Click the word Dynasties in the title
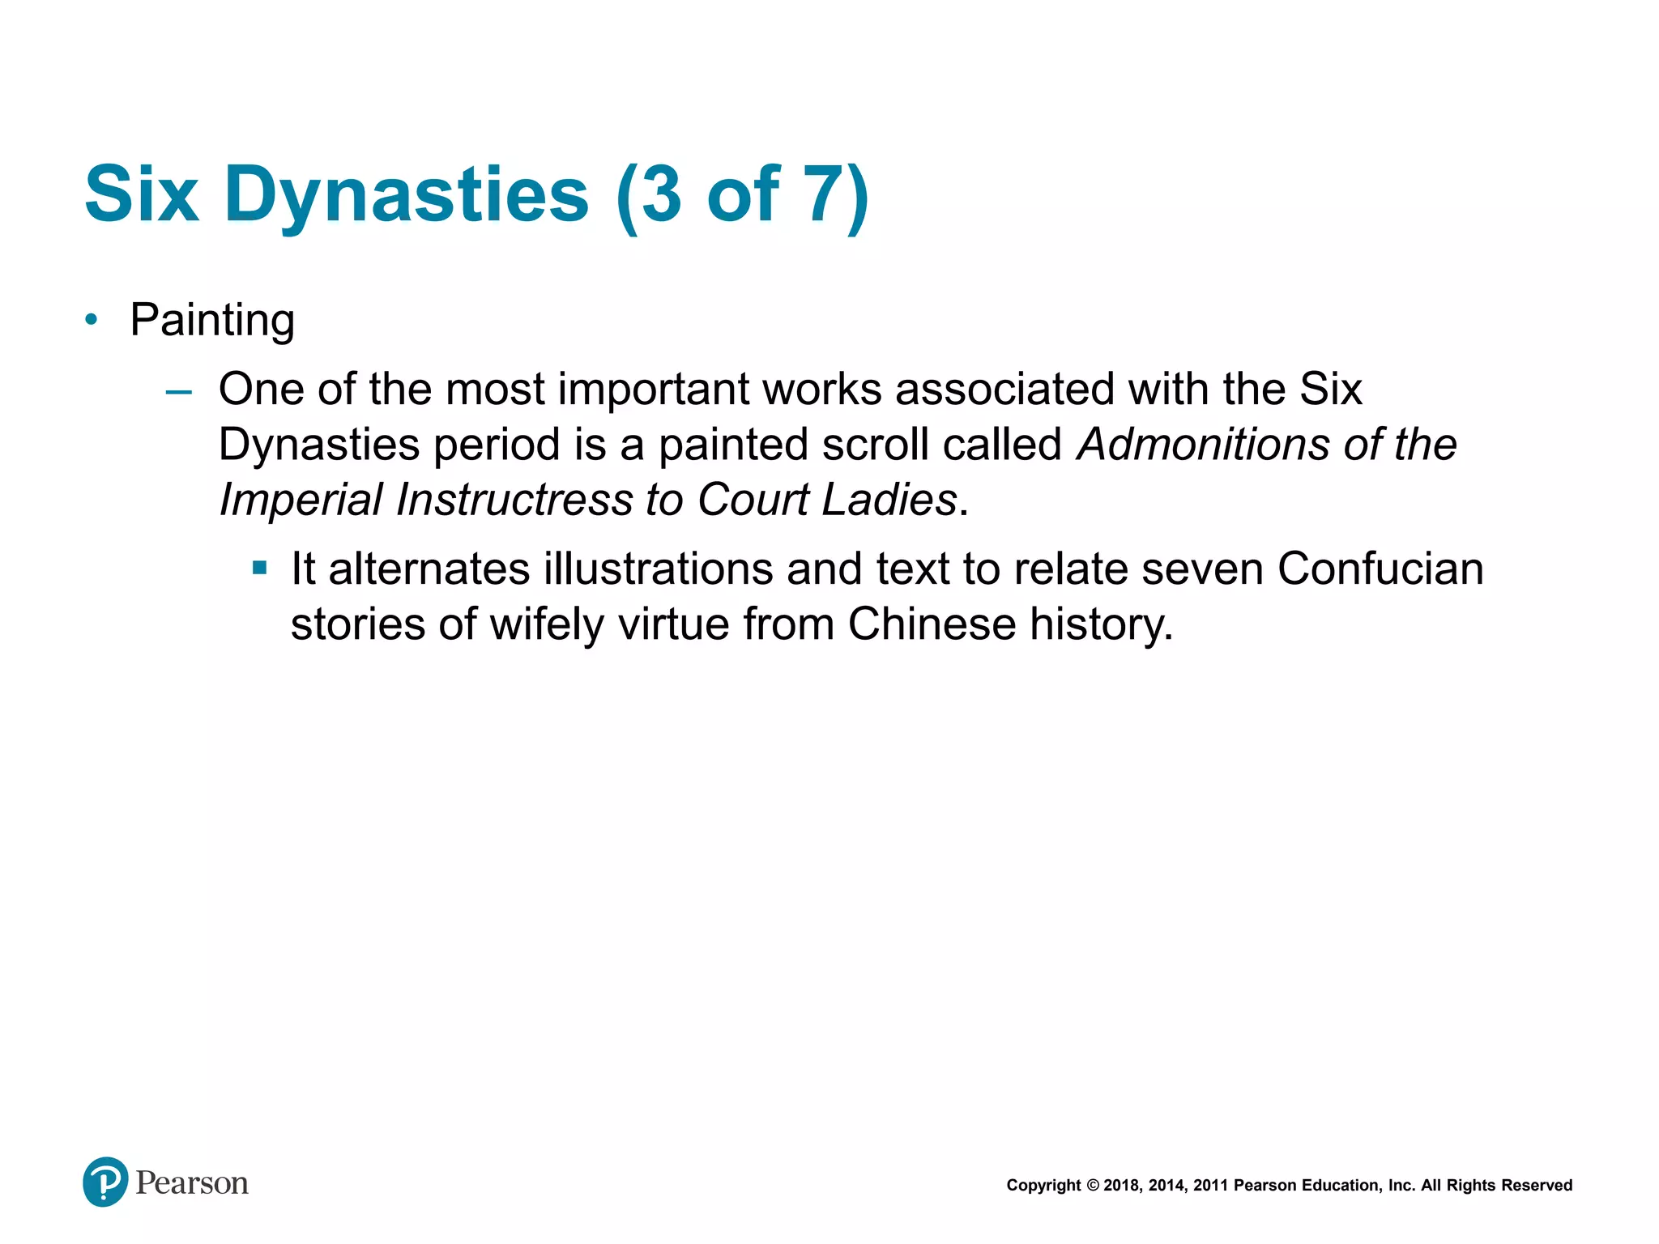pyautogui.click(x=406, y=194)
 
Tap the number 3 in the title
pyautogui.click(x=660, y=194)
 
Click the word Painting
pyautogui.click(x=212, y=320)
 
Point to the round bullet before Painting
pyautogui.click(x=92, y=320)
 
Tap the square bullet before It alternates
pyautogui.click(x=259, y=569)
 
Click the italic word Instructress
pyautogui.click(x=514, y=499)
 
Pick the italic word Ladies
pyautogui.click(x=889, y=499)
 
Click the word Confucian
pyautogui.click(x=1380, y=569)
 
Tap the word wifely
pyautogui.click(x=547, y=624)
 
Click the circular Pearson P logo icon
pyautogui.click(x=105, y=1182)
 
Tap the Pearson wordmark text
pyautogui.click(x=192, y=1183)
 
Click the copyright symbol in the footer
pyautogui.click(x=1093, y=1186)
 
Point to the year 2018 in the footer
pyautogui.click(x=1122, y=1186)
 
